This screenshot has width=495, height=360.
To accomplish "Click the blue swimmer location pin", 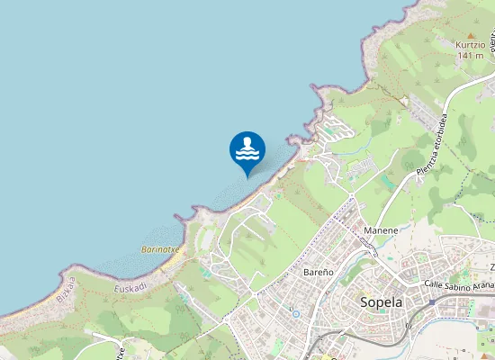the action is click(247, 151).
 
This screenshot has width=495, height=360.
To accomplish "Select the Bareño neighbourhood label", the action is click(319, 271).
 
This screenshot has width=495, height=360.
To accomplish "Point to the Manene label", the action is click(382, 231).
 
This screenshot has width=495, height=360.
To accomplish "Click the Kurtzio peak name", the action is click(470, 44).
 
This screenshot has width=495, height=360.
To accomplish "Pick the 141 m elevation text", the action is click(470, 56).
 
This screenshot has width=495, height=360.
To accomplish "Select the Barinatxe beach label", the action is click(160, 248).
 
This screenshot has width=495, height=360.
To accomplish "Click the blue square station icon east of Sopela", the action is click(432, 302).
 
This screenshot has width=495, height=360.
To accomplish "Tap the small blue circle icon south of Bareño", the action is click(294, 311).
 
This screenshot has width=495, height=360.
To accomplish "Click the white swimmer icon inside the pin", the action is click(247, 148).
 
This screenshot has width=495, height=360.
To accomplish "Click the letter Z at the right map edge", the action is click(491, 267).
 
